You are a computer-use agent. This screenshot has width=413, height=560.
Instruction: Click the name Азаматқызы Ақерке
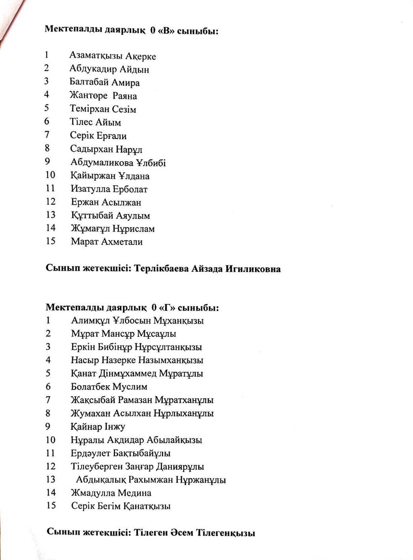(113, 56)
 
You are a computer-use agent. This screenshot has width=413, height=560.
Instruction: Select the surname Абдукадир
(88, 69)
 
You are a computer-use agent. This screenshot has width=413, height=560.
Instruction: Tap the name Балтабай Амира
(104, 82)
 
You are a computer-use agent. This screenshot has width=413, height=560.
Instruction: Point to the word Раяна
(125, 96)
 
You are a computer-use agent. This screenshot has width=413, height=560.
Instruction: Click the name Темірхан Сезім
(103, 109)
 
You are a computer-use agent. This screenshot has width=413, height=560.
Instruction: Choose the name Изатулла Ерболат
(109, 189)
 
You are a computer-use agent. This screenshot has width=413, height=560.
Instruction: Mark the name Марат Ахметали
(107, 242)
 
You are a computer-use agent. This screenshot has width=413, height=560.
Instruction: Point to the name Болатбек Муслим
(109, 387)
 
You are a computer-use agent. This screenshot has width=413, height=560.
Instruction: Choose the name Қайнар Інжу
(98, 427)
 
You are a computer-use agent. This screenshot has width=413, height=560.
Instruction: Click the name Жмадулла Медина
(111, 493)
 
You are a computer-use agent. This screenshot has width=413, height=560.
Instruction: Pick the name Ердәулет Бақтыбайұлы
(120, 453)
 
